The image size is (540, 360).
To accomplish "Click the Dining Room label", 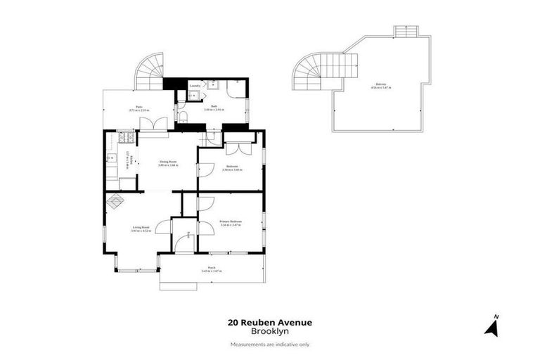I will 168,162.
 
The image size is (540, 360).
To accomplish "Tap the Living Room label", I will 141,228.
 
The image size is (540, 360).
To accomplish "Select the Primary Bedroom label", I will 230,222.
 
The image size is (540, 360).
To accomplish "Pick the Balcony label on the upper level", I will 381,85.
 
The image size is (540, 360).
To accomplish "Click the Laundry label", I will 195,86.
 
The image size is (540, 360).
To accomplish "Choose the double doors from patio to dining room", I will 150,124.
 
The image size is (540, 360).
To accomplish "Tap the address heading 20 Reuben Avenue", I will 269,323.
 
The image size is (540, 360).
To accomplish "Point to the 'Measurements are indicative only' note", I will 269,344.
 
